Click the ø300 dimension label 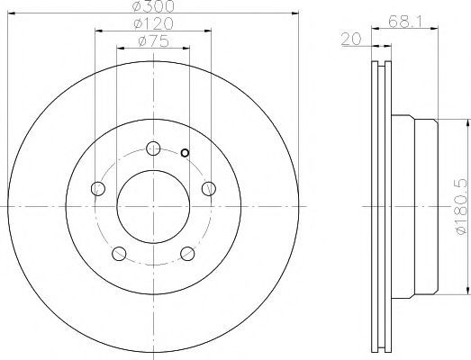tap(153, 6)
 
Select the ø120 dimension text tap(153, 23)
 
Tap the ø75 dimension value tap(153, 41)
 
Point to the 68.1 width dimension tap(405, 22)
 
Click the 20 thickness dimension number tap(351, 39)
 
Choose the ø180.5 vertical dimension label tap(461, 207)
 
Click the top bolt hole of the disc tap(153, 148)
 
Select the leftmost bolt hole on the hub tap(98, 189)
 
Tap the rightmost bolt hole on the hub tap(209, 189)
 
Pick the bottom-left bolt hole tap(119, 254)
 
